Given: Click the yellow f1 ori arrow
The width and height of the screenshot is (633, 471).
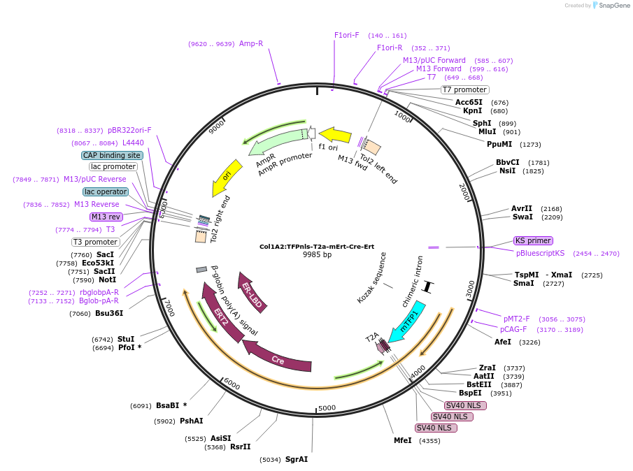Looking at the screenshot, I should (x=335, y=134).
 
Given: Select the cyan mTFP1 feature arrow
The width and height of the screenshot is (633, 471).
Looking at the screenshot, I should (x=408, y=321).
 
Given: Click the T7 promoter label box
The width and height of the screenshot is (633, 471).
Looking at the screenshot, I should (x=464, y=89).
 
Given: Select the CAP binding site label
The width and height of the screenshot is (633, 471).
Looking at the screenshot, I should (x=112, y=155).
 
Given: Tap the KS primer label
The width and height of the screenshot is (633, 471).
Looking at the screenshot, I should (x=533, y=241).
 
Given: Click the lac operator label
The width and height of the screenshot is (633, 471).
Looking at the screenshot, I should (x=106, y=191).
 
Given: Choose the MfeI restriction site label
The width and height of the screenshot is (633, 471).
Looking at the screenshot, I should (x=403, y=441).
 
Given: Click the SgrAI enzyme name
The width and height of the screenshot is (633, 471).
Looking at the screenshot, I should (x=297, y=459).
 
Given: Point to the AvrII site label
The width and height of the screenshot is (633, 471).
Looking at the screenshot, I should (x=522, y=208).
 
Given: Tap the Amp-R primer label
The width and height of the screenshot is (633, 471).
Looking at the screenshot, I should (x=251, y=43).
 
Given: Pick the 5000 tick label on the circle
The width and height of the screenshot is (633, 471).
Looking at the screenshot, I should (x=327, y=408).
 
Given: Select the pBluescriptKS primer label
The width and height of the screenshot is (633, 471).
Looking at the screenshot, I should (x=540, y=253).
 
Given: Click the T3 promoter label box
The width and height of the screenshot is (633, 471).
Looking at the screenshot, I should (x=96, y=242).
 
